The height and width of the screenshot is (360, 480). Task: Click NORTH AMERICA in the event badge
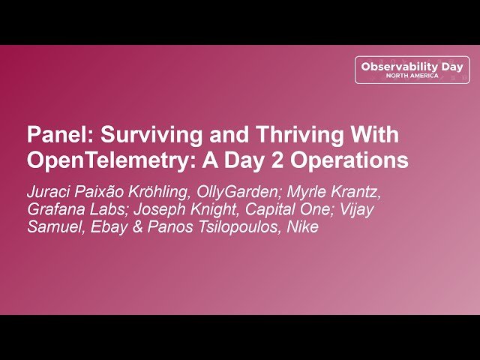coord(412,76)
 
